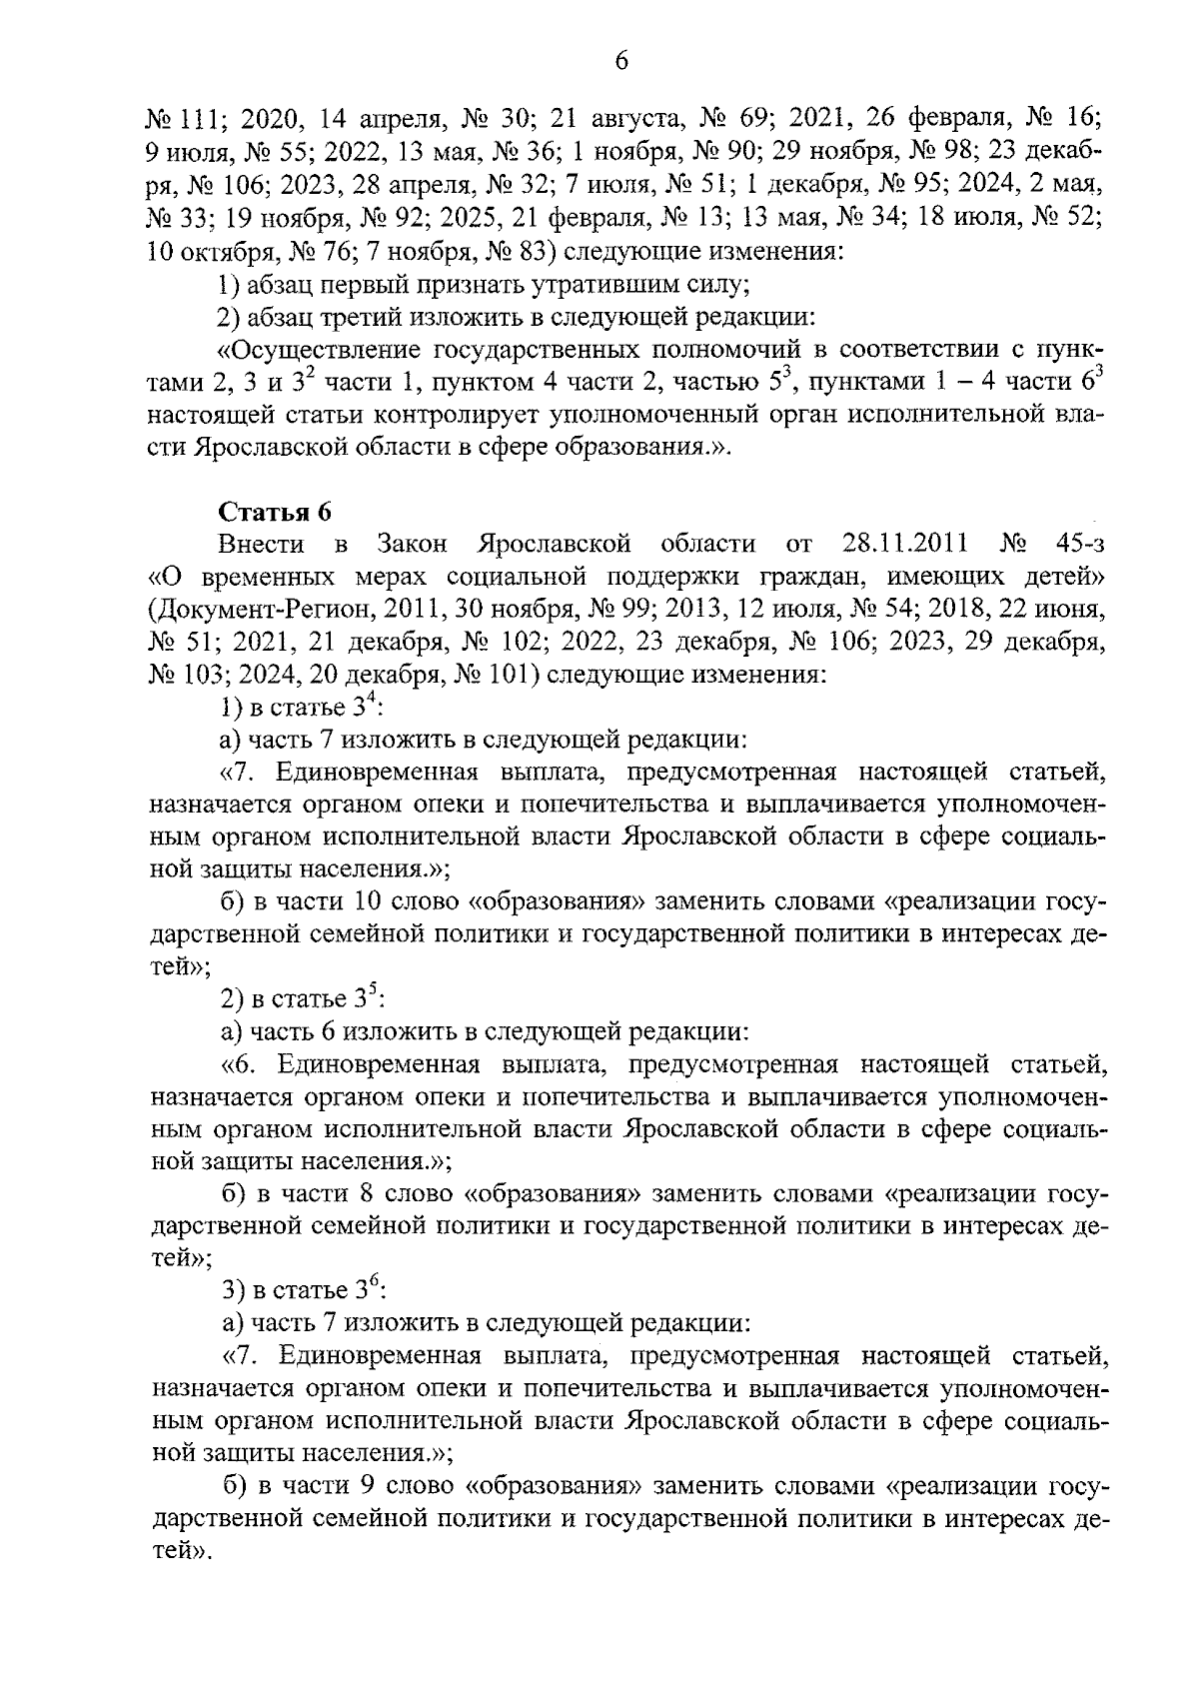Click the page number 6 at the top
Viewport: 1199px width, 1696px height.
[x=620, y=62]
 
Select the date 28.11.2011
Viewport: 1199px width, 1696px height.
[x=905, y=544]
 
